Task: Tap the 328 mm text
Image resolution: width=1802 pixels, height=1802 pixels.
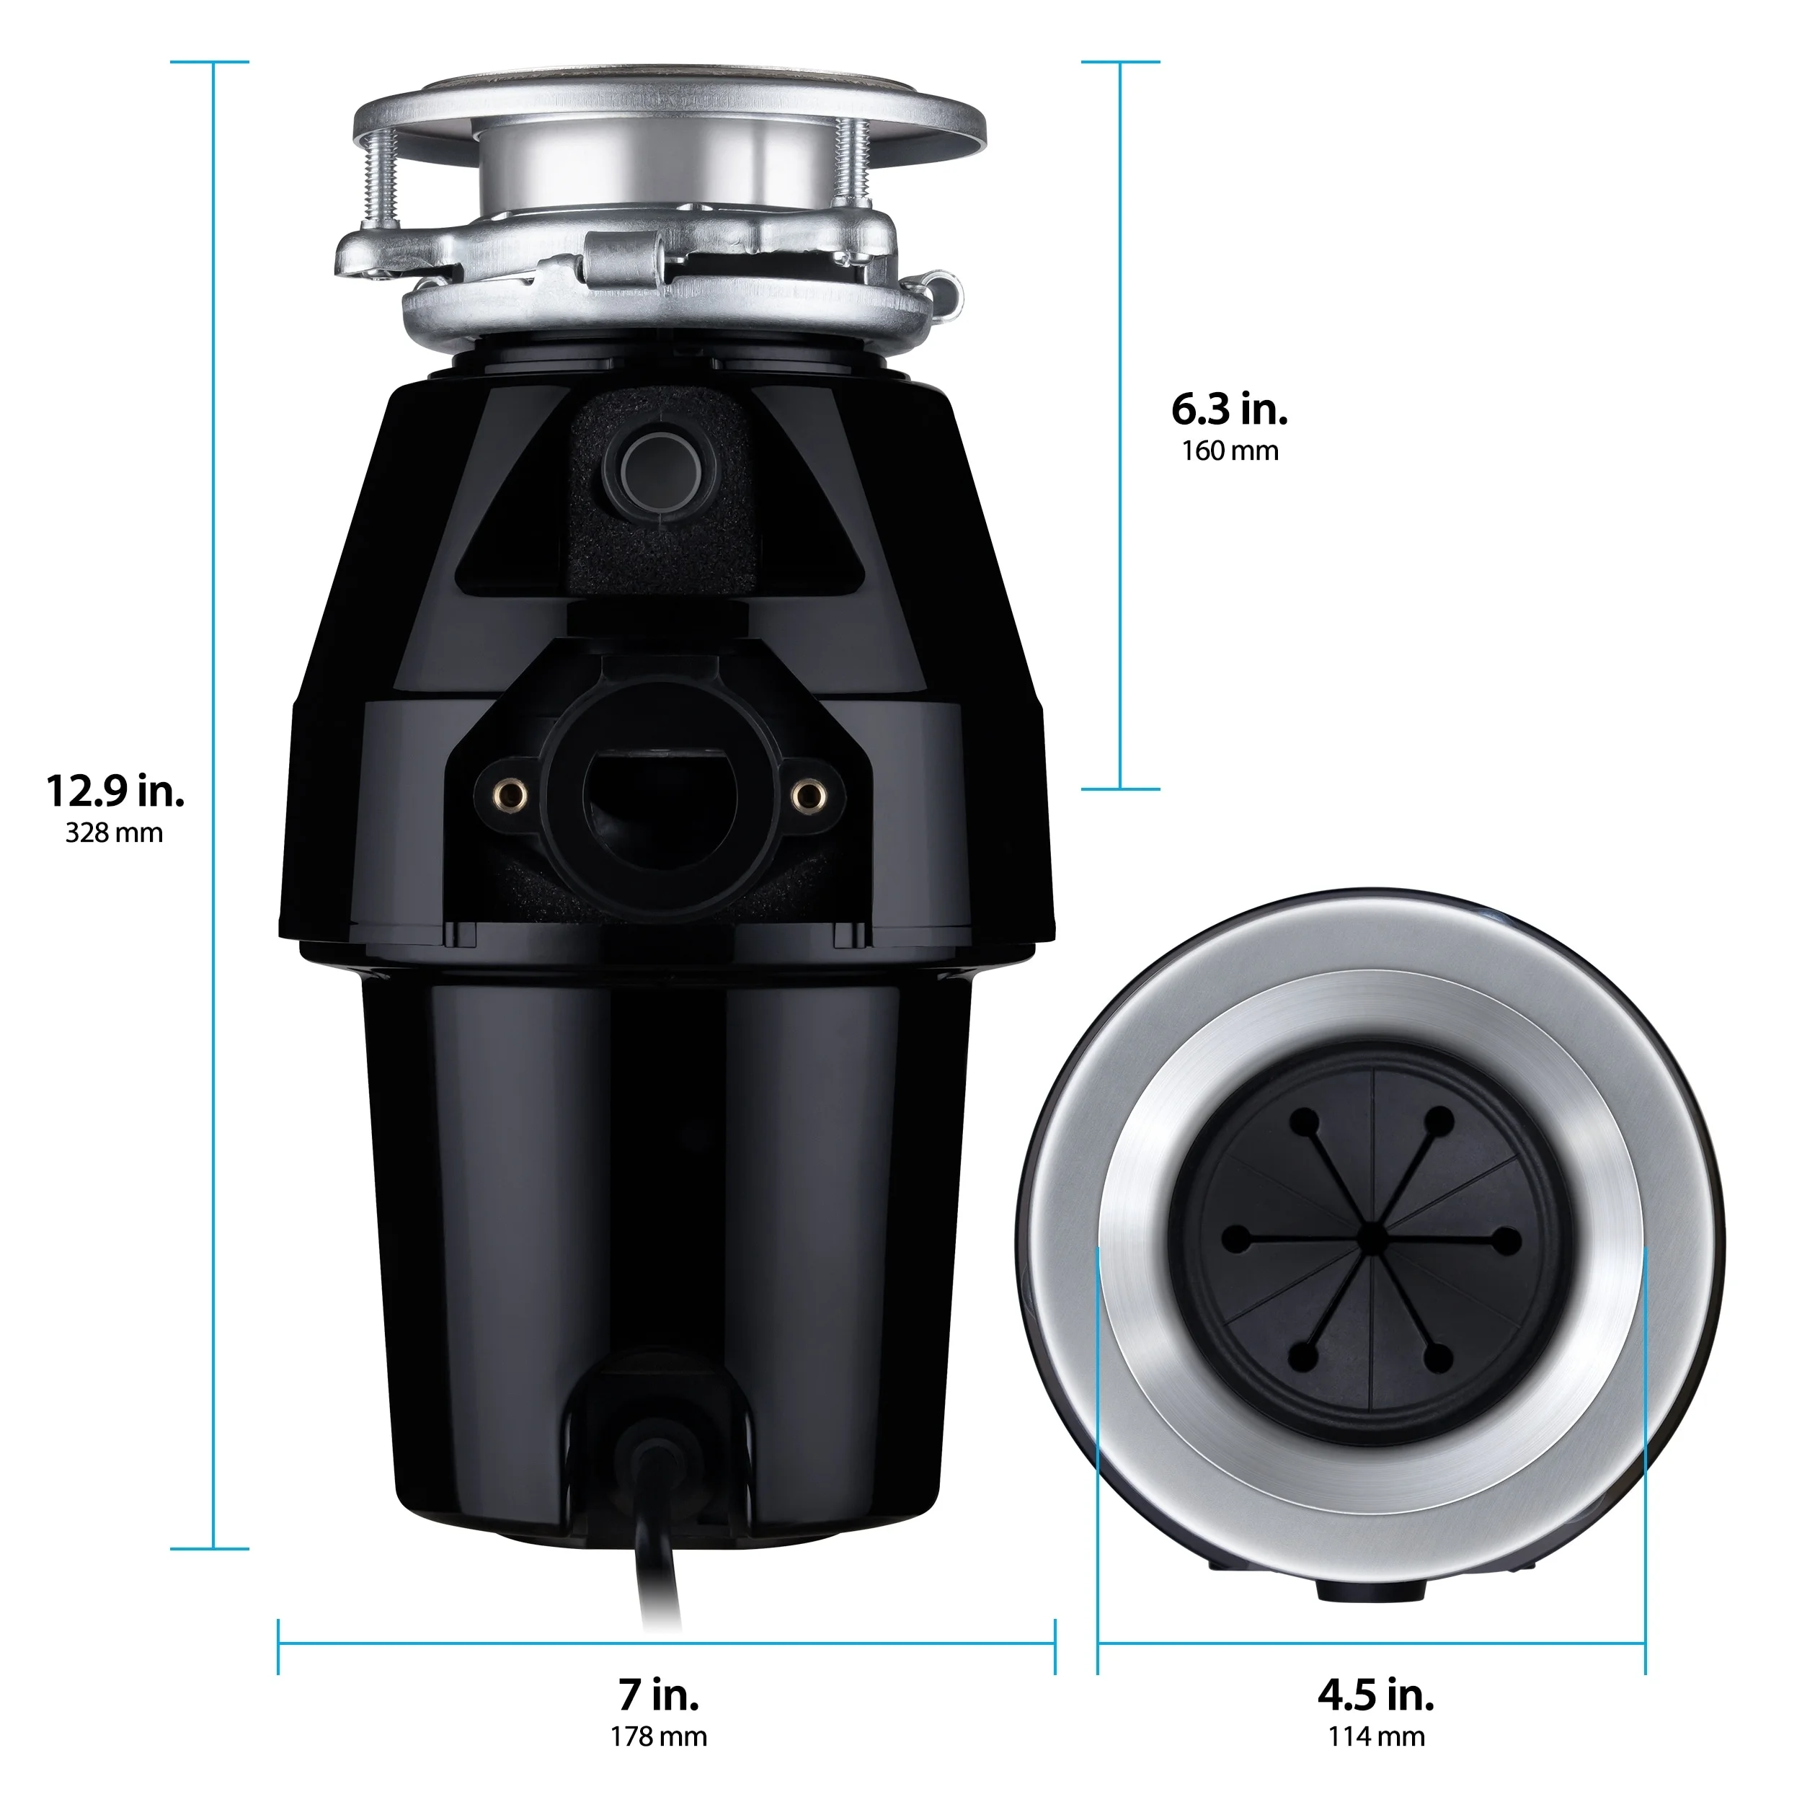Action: pyautogui.click(x=114, y=833)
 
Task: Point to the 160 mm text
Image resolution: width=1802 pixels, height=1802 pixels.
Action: pyautogui.click(x=1229, y=451)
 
